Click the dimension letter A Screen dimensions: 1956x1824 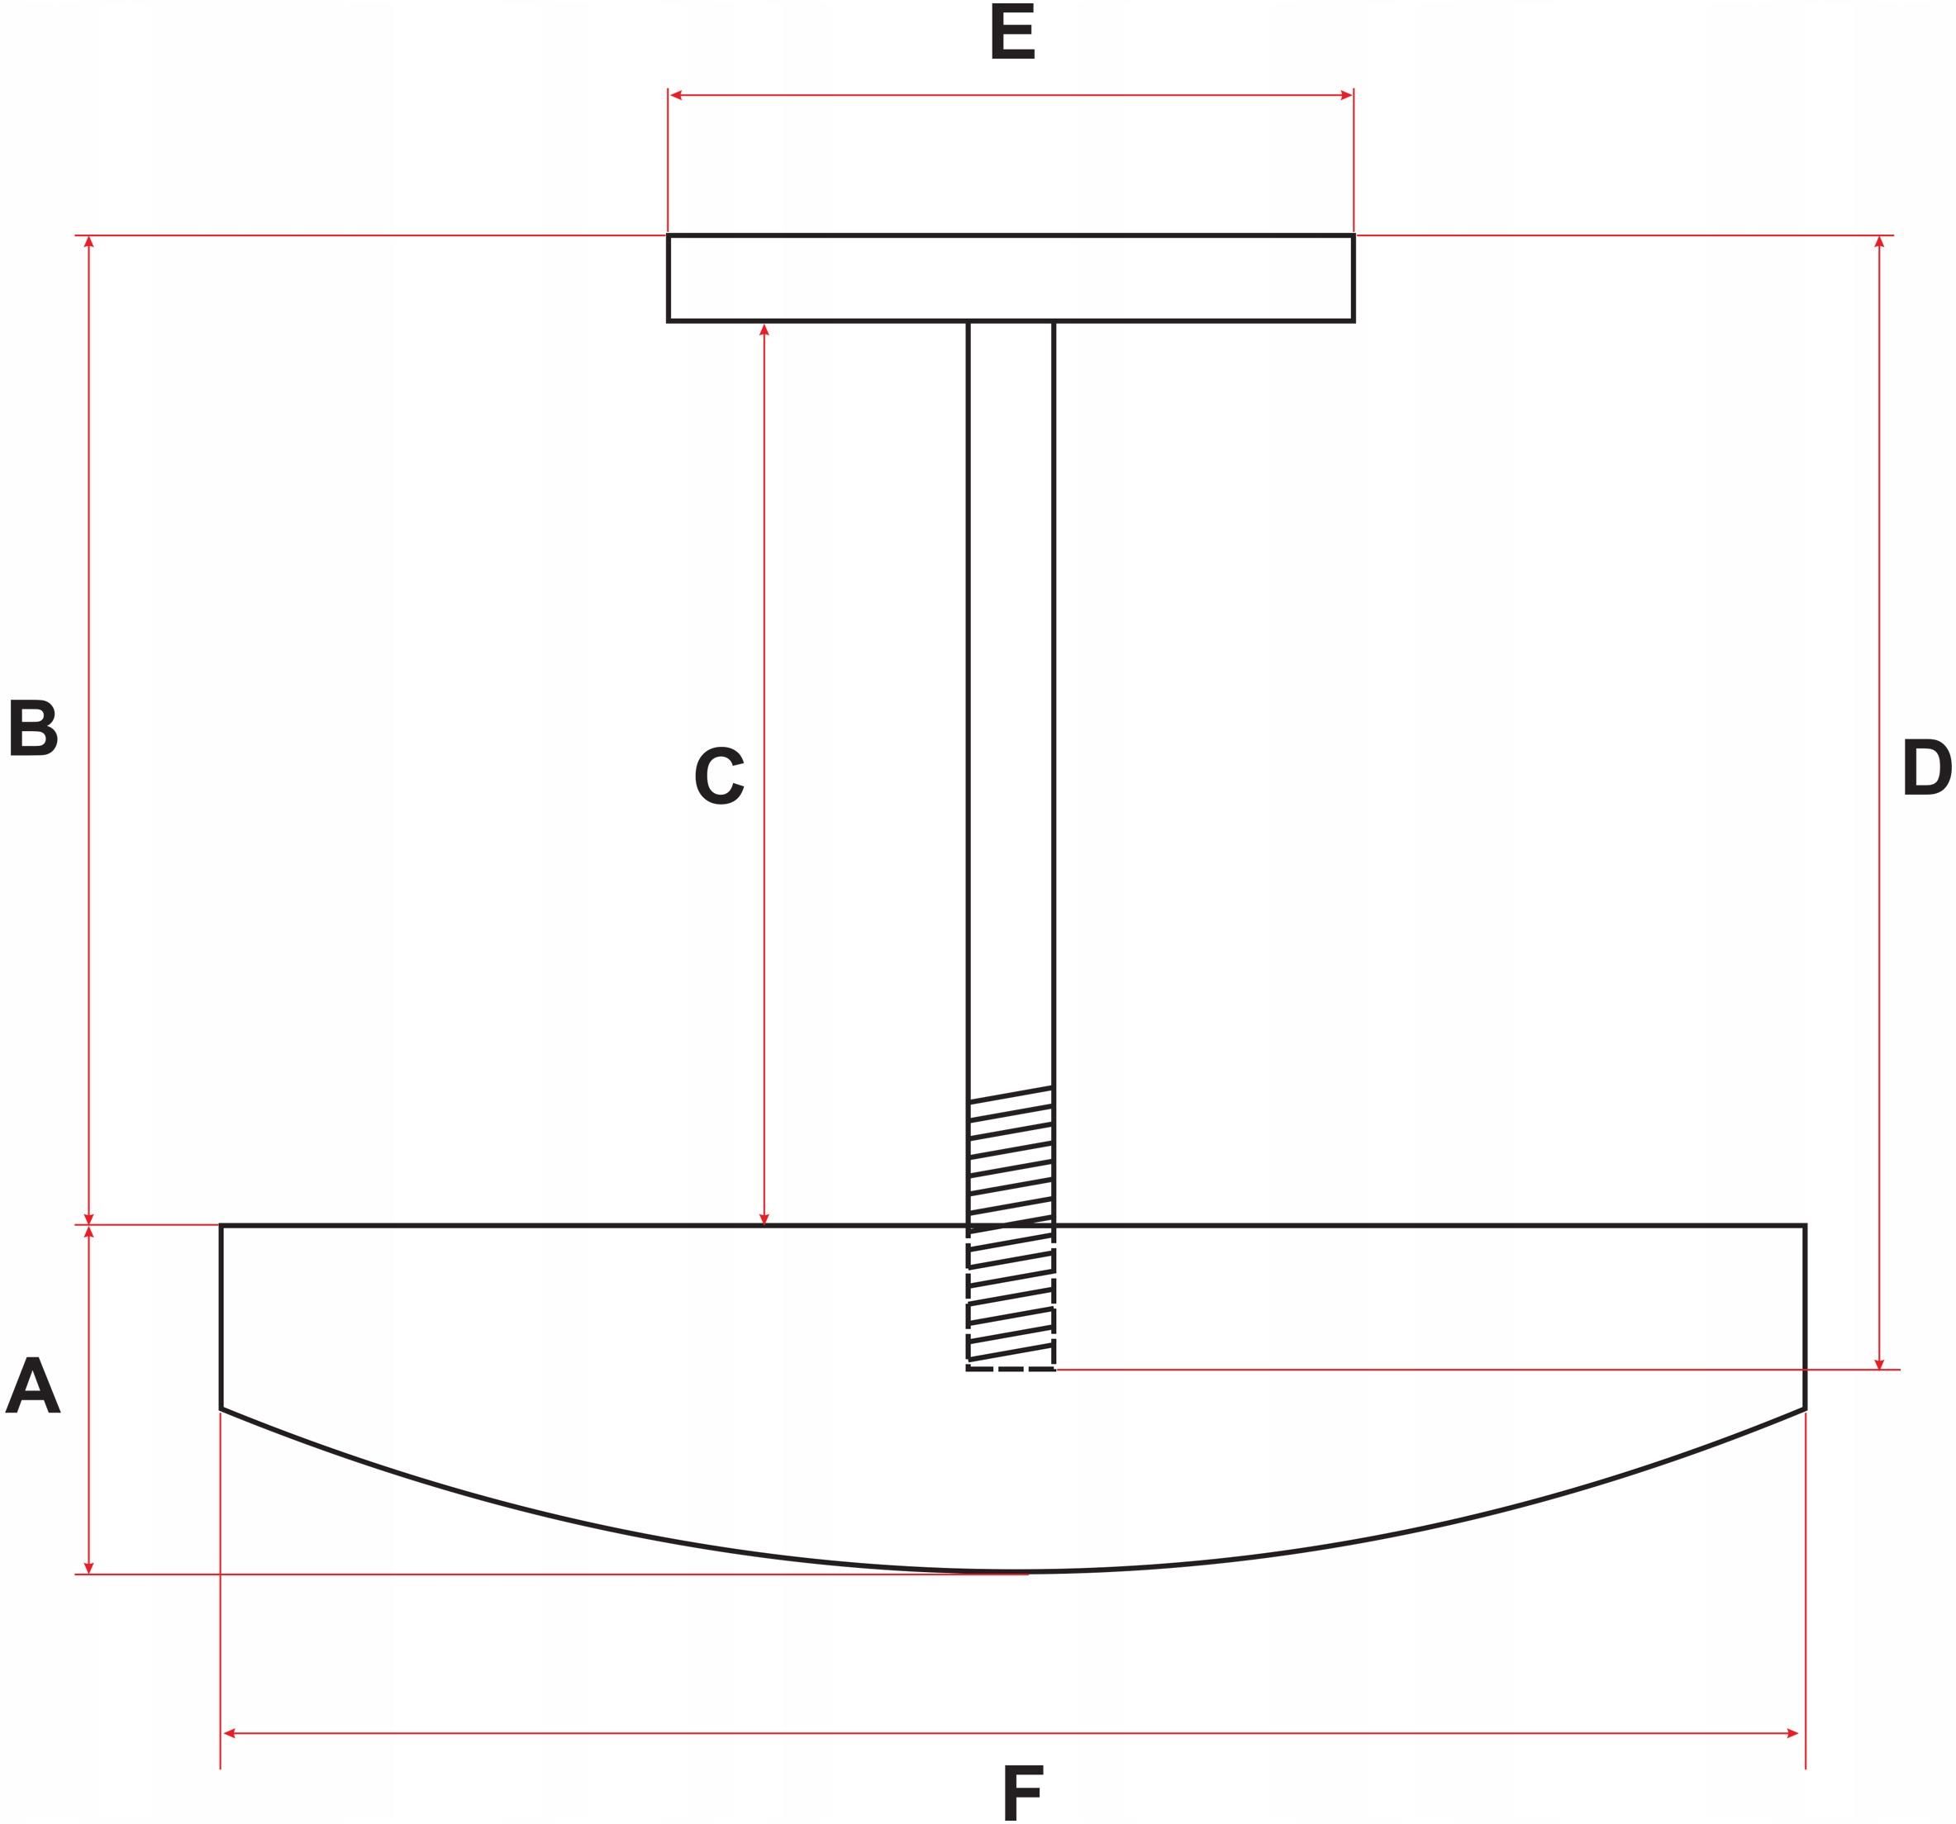(x=32, y=1385)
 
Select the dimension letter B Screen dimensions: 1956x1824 (x=32, y=728)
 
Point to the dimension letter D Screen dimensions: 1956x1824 (x=1925, y=767)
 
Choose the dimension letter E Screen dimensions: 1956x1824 (x=1012, y=32)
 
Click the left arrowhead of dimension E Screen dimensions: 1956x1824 (x=676, y=96)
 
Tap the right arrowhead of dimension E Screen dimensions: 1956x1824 (x=1346, y=96)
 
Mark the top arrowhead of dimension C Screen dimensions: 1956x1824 (x=764, y=330)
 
